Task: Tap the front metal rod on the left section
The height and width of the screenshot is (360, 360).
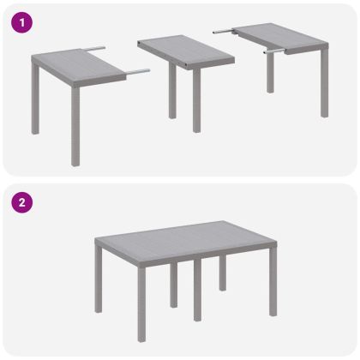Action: click(x=137, y=71)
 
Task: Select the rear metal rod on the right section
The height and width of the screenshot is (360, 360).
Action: click(x=224, y=29)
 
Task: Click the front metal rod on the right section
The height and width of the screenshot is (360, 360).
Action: click(x=276, y=51)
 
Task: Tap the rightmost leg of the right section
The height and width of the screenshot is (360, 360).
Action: click(x=324, y=86)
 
